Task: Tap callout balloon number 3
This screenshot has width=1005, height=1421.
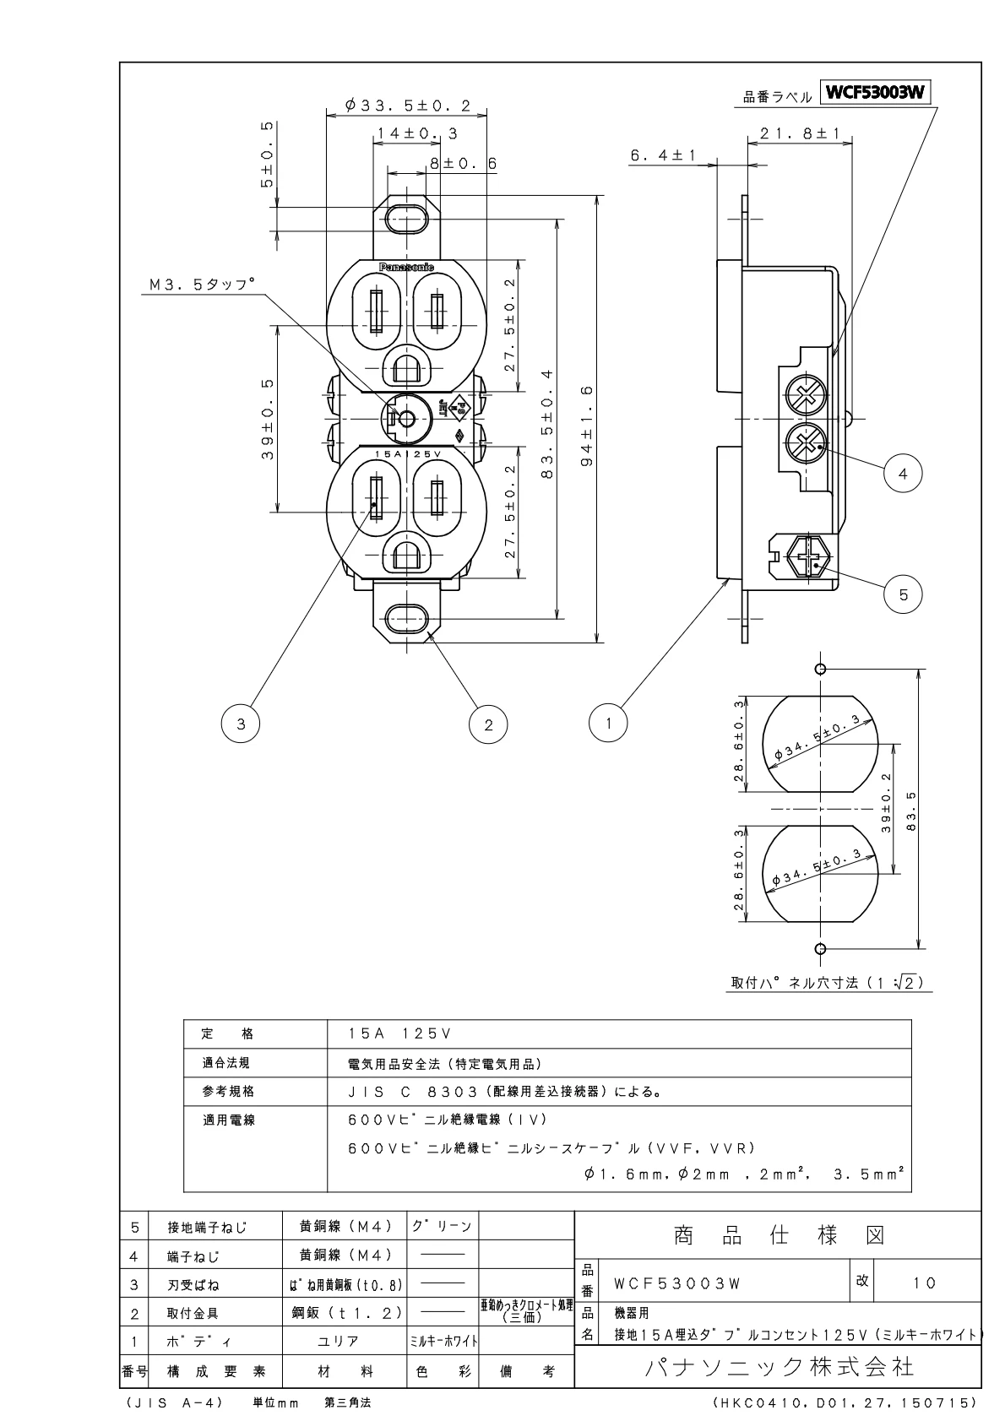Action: coord(241,723)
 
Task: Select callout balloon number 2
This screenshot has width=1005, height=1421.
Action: coord(488,723)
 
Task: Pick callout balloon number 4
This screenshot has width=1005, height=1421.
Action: coord(903,475)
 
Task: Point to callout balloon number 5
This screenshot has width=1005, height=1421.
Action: coord(903,594)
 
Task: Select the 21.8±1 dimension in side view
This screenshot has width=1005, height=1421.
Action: coord(799,133)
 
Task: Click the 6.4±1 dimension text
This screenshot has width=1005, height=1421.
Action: coord(663,156)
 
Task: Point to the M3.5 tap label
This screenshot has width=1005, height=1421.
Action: coord(201,286)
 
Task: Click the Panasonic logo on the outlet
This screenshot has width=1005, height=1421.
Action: coord(406,267)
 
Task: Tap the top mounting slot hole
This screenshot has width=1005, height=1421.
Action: coord(406,219)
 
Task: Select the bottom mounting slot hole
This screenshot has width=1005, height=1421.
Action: coord(406,619)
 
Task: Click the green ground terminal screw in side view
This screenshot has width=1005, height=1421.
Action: coord(808,558)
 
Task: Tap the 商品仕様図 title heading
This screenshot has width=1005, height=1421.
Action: coord(779,1236)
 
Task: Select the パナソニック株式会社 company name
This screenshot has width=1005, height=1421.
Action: coord(779,1365)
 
